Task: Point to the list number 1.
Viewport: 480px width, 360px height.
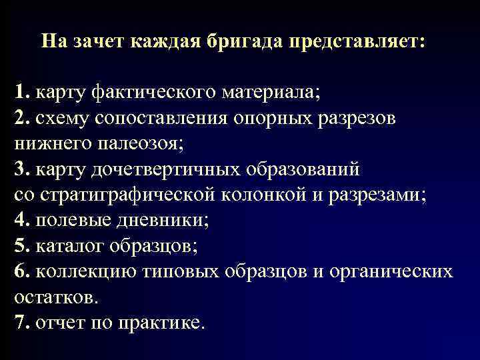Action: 21,92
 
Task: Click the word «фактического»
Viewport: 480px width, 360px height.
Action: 147,92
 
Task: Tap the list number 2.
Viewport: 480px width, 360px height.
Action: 21,117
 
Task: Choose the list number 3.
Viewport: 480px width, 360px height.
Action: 21,168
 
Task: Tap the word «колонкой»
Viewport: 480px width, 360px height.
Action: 273,193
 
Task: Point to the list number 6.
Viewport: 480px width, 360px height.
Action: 21,271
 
